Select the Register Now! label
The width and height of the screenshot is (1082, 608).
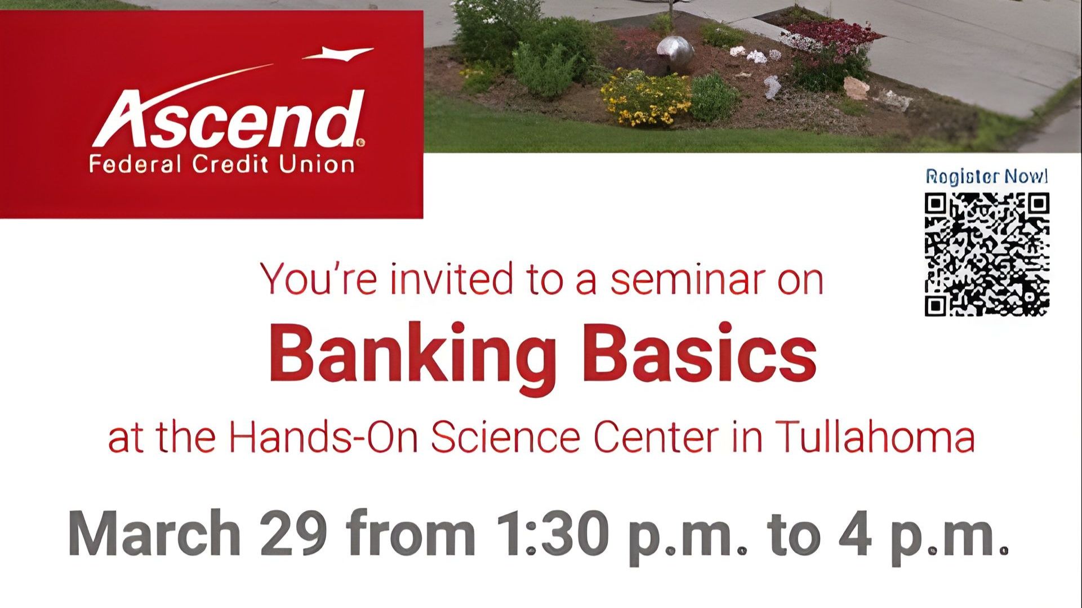tap(987, 177)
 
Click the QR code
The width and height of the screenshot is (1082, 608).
tap(987, 254)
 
